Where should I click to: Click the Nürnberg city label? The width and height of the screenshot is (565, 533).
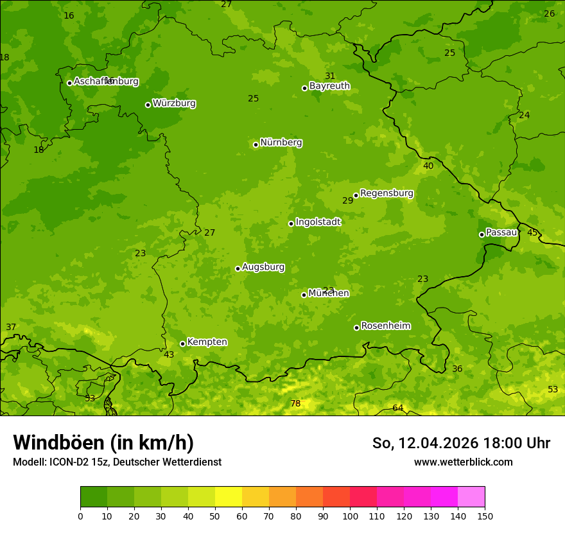click(x=281, y=143)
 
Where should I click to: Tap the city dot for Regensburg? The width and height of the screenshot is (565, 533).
click(x=356, y=196)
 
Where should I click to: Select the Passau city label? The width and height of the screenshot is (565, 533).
click(x=501, y=232)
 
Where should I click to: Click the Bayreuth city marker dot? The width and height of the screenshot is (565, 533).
click(x=305, y=88)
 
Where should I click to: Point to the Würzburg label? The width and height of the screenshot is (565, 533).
click(x=174, y=103)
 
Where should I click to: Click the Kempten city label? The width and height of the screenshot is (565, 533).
click(x=207, y=342)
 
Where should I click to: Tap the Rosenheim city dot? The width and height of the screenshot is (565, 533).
click(x=356, y=328)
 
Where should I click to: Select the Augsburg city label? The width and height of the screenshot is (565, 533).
click(x=263, y=267)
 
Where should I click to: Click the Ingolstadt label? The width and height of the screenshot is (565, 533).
click(x=318, y=222)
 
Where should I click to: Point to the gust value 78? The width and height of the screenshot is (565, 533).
click(x=295, y=404)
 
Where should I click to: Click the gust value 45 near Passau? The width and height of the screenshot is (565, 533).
click(x=532, y=232)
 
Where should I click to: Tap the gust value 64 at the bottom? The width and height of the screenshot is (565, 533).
click(x=398, y=408)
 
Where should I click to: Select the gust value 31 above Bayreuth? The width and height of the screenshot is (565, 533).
click(x=330, y=76)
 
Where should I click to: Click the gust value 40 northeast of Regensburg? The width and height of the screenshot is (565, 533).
click(x=428, y=166)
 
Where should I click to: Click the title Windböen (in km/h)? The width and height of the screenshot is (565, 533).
click(x=103, y=442)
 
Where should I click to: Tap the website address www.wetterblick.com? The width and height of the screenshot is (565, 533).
click(x=463, y=462)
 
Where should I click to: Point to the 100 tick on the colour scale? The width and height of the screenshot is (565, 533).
click(x=350, y=516)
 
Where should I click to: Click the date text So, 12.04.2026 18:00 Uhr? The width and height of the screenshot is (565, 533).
click(x=461, y=443)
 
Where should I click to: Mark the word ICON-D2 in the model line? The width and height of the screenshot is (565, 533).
click(x=67, y=462)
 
